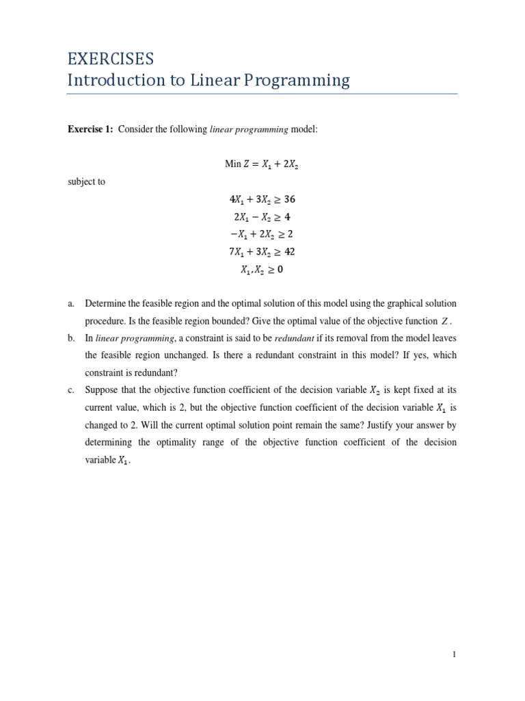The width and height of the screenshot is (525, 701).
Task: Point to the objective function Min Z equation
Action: pyautogui.click(x=262, y=164)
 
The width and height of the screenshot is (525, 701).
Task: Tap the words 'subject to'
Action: pyautogui.click(x=86, y=182)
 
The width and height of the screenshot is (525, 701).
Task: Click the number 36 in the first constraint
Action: pyautogui.click(x=288, y=200)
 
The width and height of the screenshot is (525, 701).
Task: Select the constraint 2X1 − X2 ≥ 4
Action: pyautogui.click(x=262, y=217)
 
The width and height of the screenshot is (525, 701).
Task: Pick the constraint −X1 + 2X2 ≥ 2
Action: pyautogui.click(x=262, y=235)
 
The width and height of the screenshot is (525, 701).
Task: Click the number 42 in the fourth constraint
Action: pyautogui.click(x=288, y=252)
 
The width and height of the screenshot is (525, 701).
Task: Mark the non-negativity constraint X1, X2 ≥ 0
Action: pyautogui.click(x=262, y=270)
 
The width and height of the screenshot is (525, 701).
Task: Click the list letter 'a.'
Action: pyautogui.click(x=71, y=303)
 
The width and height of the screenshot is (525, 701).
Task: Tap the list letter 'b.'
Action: pyautogui.click(x=71, y=338)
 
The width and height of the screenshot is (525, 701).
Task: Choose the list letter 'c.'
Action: pyautogui.click(x=71, y=390)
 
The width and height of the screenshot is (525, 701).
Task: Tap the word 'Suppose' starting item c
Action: pyautogui.click(x=103, y=390)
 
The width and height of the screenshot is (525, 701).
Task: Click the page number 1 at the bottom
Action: pyautogui.click(x=454, y=654)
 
